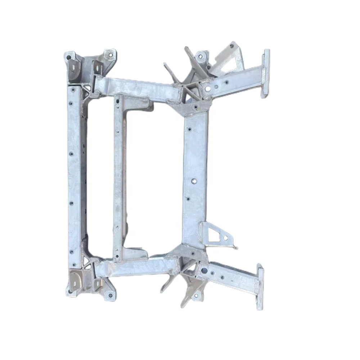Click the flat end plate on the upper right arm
pyautogui.click(x=266, y=73)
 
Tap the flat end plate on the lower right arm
pyautogui.click(x=259, y=287)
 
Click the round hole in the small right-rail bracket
pyautogui.click(x=225, y=238)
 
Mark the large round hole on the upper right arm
pyautogui.click(x=207, y=87)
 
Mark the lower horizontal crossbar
pyautogui.click(x=139, y=268)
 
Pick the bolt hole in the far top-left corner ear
pyautogui.click(x=68, y=57)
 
